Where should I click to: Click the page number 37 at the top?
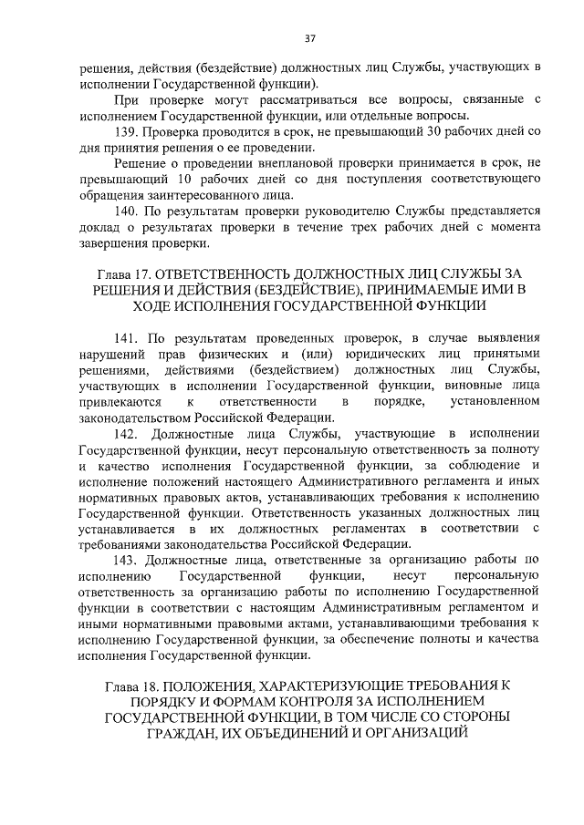(309, 38)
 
